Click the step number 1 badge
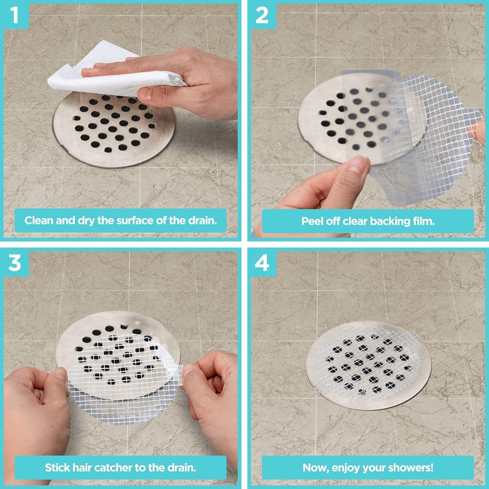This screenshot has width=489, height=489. (x=14, y=15)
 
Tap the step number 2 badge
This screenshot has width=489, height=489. (x=262, y=15)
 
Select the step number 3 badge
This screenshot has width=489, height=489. (x=14, y=263)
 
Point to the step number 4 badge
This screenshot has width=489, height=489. (x=262, y=263)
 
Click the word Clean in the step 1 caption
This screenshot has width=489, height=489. (x=38, y=221)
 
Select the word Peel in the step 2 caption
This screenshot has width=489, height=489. (x=311, y=221)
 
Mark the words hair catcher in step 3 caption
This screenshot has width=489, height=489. (x=100, y=468)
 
